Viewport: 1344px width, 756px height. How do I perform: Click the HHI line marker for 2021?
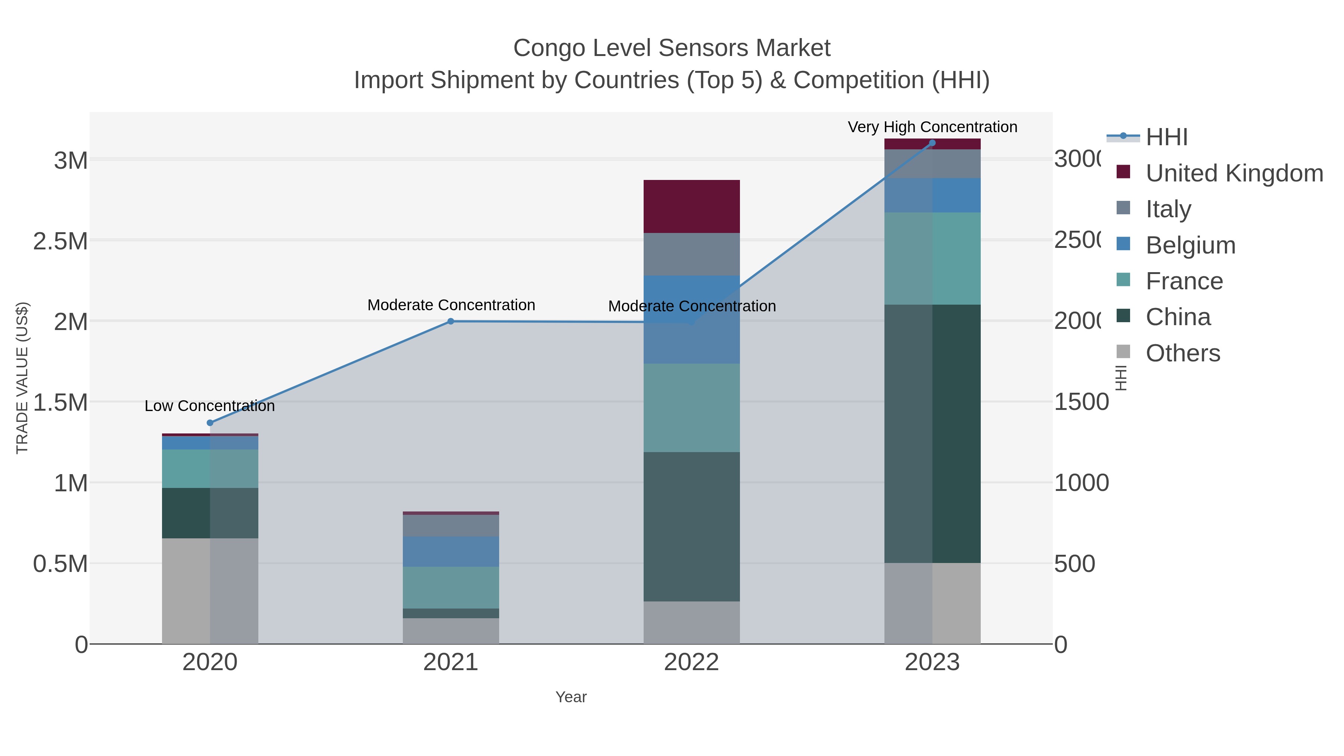click(451, 321)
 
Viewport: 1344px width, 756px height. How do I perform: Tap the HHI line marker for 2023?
click(932, 143)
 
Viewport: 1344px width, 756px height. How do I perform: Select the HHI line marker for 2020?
click(210, 423)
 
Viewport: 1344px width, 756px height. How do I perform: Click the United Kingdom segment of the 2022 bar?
click(691, 206)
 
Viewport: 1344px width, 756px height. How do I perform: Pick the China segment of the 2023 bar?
click(932, 433)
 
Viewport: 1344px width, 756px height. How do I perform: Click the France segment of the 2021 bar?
click(451, 588)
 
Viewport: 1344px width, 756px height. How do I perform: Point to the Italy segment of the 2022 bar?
click(691, 254)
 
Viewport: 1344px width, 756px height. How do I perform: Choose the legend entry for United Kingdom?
click(1233, 173)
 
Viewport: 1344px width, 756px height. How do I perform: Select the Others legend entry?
click(1182, 353)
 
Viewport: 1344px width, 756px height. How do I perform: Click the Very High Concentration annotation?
click(932, 127)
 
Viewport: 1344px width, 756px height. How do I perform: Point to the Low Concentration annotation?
click(210, 406)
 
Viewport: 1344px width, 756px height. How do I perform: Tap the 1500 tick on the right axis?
click(1080, 402)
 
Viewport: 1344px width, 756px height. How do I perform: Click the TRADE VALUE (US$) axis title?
click(22, 378)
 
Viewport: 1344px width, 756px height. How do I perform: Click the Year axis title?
click(571, 697)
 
